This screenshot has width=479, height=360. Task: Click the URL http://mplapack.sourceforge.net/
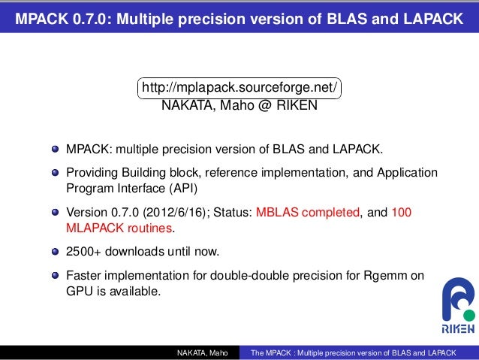point(239,89)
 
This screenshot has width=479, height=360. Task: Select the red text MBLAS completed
point(308,213)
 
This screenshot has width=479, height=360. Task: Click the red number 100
point(402,213)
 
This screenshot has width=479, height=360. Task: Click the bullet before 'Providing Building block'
point(55,174)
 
